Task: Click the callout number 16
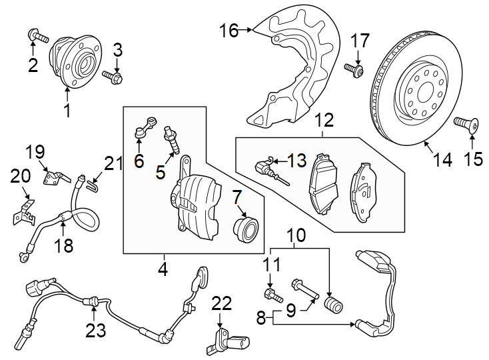pos(229,30)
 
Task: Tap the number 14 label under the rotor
pos(442,159)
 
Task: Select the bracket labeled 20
pos(24,212)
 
